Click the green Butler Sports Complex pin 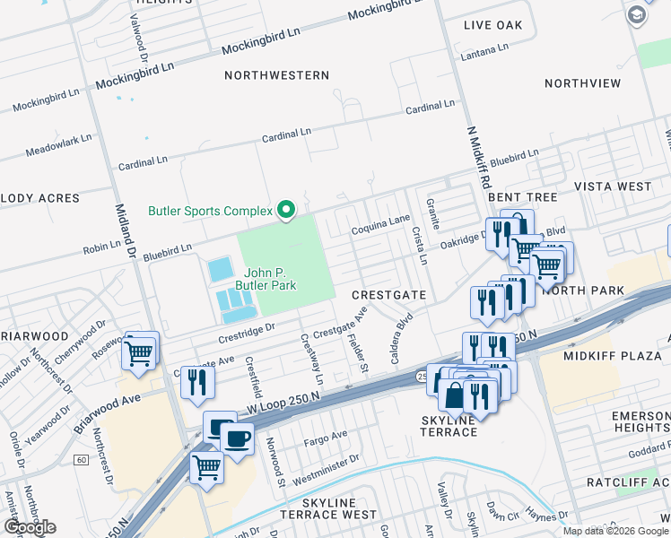point(286,211)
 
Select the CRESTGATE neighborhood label point(388,294)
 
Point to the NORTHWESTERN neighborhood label point(276,75)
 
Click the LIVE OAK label point(492,25)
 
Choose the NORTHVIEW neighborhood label point(582,83)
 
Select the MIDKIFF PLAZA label point(612,356)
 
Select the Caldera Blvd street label point(401,338)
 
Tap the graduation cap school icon point(636,15)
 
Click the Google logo point(29,526)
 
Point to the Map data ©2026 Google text point(615,531)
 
